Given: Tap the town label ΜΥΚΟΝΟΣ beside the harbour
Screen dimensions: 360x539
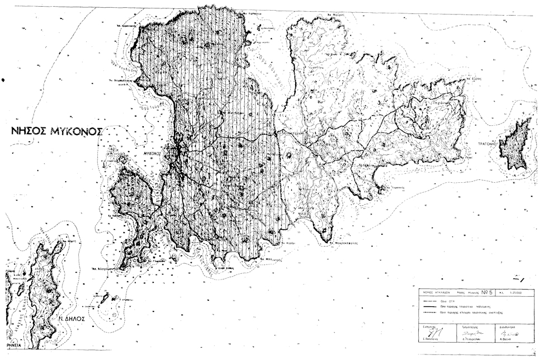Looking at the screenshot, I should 152,153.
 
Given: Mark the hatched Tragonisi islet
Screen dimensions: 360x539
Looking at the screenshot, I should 515,144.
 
